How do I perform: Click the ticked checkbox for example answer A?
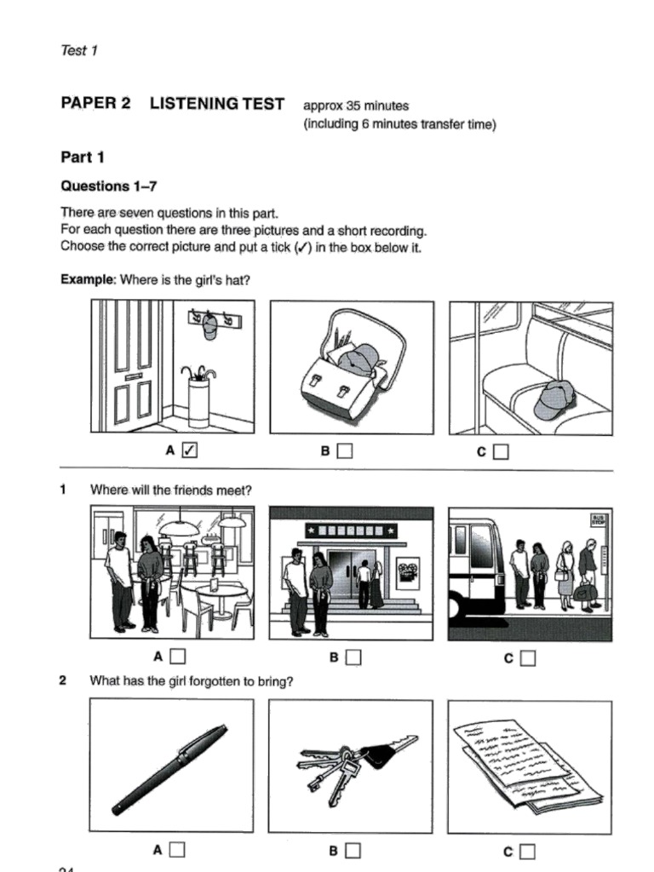point(190,451)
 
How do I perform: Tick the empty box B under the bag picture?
point(344,451)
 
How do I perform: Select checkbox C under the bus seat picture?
point(501,451)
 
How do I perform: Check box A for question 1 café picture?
point(177,657)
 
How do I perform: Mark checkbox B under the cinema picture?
point(353,657)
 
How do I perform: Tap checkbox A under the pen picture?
point(177,849)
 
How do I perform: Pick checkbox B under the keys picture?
point(353,849)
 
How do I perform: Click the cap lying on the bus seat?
point(554,399)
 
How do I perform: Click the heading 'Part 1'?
point(82,157)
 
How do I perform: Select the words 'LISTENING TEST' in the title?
point(216,104)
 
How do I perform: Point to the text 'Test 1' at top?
point(79,50)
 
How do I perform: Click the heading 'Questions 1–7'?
point(109,186)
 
